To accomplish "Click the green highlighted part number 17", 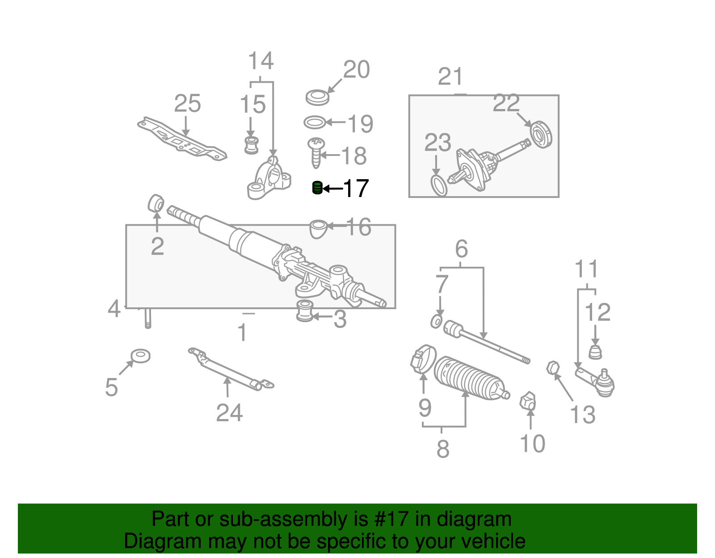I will (x=317, y=188).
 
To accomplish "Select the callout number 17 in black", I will (x=355, y=189).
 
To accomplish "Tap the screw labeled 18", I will (x=316, y=152).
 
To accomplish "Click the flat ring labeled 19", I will (x=315, y=122).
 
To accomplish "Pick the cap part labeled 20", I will (x=317, y=97).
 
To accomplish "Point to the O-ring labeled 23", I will (x=438, y=185).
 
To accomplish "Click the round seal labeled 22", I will (x=541, y=134).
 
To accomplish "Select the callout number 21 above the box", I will (x=450, y=77).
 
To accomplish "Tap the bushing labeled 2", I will (x=156, y=203).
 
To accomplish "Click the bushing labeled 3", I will (x=304, y=311).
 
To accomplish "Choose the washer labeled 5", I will (x=140, y=356).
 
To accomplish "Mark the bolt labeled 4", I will (x=148, y=319).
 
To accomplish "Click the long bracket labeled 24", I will (x=230, y=371).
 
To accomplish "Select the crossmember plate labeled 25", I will (x=181, y=139).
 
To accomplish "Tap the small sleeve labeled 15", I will (x=252, y=145).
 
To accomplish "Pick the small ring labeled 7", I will (x=436, y=321).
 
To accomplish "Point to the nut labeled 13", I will (x=553, y=368).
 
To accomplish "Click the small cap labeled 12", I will (x=595, y=352).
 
